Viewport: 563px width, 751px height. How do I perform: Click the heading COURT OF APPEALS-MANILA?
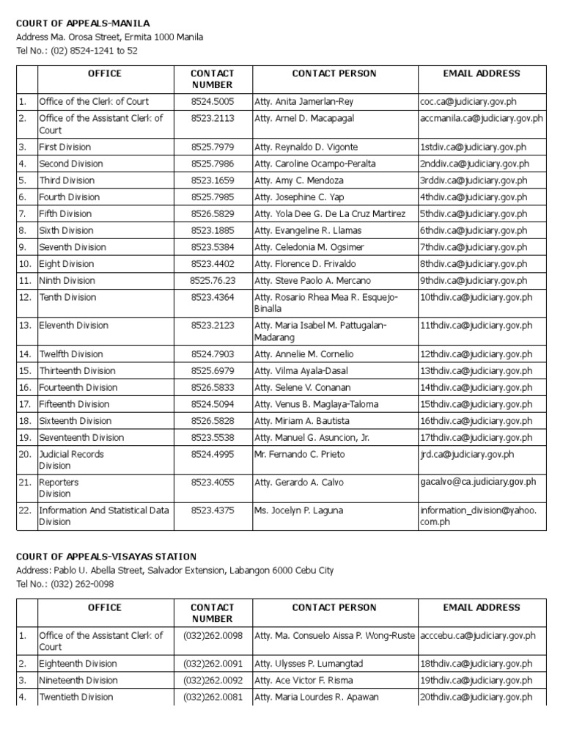tap(83, 23)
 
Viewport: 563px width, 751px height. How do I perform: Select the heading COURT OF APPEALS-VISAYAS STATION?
tap(106, 557)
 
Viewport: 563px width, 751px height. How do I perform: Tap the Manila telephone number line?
tap(77, 51)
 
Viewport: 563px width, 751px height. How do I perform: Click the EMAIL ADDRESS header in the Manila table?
tap(482, 73)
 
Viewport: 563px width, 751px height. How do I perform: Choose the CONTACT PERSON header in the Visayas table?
tap(334, 607)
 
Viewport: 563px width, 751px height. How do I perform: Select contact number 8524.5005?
tap(213, 101)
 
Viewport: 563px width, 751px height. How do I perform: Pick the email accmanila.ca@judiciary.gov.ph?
tap(482, 118)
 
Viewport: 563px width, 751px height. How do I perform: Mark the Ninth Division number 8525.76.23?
tap(213, 280)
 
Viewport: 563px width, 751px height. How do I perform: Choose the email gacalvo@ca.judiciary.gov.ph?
tap(478, 482)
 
